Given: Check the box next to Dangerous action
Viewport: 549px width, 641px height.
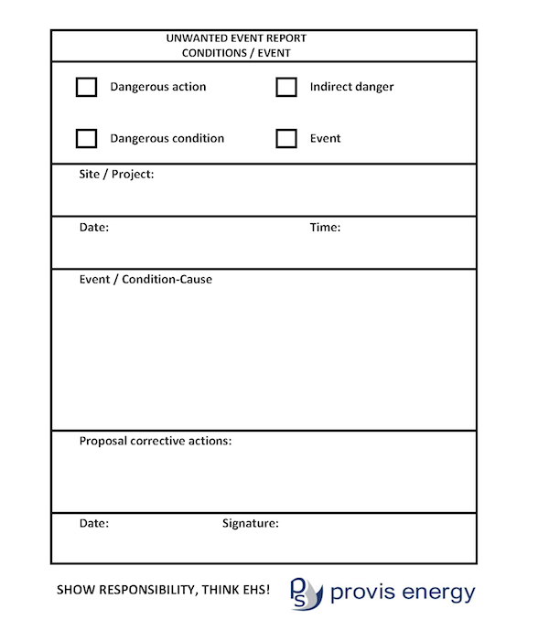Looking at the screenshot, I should [86, 87].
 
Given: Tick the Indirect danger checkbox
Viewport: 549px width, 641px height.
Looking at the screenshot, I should [286, 87].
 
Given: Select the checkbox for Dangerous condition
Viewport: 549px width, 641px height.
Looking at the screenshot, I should [86, 138].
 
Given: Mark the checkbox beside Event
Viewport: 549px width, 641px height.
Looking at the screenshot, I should [286, 138].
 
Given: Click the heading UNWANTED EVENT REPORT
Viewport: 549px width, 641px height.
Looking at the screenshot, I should [236, 38].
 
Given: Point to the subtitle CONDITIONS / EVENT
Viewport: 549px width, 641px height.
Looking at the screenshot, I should [236, 53].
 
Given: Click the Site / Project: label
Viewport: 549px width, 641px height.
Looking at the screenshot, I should [116, 174].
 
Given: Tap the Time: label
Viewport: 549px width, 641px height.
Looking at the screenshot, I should [325, 227].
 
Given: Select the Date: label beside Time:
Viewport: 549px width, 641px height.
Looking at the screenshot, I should [94, 227].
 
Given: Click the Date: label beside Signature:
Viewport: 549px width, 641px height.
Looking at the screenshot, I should [94, 523].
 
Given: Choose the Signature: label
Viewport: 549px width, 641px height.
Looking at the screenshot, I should [251, 523].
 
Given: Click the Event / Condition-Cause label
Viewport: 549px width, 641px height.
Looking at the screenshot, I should [145, 279].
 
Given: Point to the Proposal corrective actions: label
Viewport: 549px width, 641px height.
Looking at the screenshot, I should [156, 441].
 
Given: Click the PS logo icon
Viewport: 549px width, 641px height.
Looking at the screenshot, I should [306, 593].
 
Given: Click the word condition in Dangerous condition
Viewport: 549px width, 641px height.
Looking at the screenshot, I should [195, 138].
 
